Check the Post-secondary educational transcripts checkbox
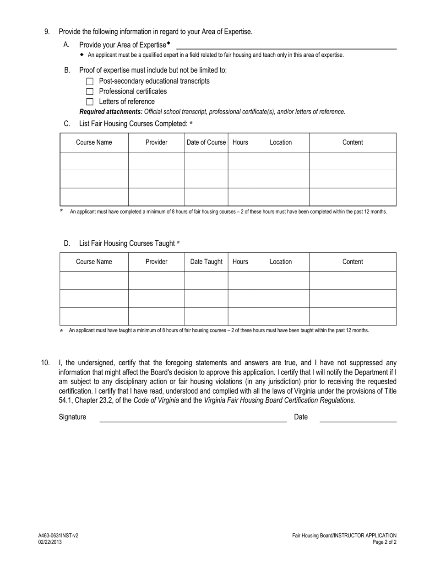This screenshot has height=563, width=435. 90,81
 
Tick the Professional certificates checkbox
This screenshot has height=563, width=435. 90,92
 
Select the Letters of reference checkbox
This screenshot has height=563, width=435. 90,102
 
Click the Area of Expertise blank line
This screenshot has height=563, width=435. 286,46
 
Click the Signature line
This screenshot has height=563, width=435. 193,418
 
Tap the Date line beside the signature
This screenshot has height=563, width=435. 358,418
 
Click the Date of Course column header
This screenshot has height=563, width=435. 206,142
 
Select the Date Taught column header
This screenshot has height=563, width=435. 206,262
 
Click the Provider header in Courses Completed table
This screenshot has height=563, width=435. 156,142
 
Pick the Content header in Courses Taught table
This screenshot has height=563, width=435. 352,262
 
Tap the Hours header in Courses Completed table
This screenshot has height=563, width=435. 240,142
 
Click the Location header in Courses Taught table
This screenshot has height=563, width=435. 280,262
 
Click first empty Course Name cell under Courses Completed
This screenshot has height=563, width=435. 94,161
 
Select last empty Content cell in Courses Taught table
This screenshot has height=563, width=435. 352,316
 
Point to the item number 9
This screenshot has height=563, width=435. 47,32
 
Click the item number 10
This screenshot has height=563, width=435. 45,363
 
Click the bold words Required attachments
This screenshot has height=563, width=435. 111,112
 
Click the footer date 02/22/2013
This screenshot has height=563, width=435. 50,542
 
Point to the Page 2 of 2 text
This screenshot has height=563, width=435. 384,542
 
